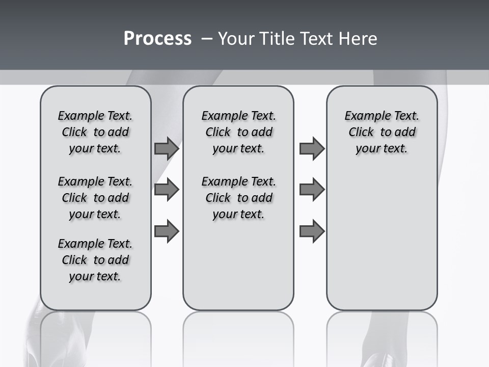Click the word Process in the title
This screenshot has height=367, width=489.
click(x=157, y=39)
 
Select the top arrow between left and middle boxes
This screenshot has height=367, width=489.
click(x=167, y=148)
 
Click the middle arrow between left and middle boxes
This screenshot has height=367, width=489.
click(x=167, y=190)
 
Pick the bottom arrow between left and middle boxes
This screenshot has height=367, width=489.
click(x=167, y=231)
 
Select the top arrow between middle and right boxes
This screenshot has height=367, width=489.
click(x=312, y=148)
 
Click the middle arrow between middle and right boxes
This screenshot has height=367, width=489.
click(x=312, y=190)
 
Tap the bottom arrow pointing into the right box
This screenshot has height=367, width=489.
click(x=312, y=231)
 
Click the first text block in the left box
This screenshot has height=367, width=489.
click(x=95, y=132)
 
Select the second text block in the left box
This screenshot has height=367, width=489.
click(x=95, y=198)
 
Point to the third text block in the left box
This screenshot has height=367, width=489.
click(x=95, y=260)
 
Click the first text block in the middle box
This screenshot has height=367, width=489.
click(x=238, y=132)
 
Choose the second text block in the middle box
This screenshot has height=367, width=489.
click(x=238, y=198)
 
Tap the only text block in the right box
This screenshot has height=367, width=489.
click(x=382, y=132)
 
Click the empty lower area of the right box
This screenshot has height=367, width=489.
click(x=382, y=240)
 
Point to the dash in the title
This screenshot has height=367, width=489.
click(x=207, y=39)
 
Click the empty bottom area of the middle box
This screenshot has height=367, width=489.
click(x=238, y=270)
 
